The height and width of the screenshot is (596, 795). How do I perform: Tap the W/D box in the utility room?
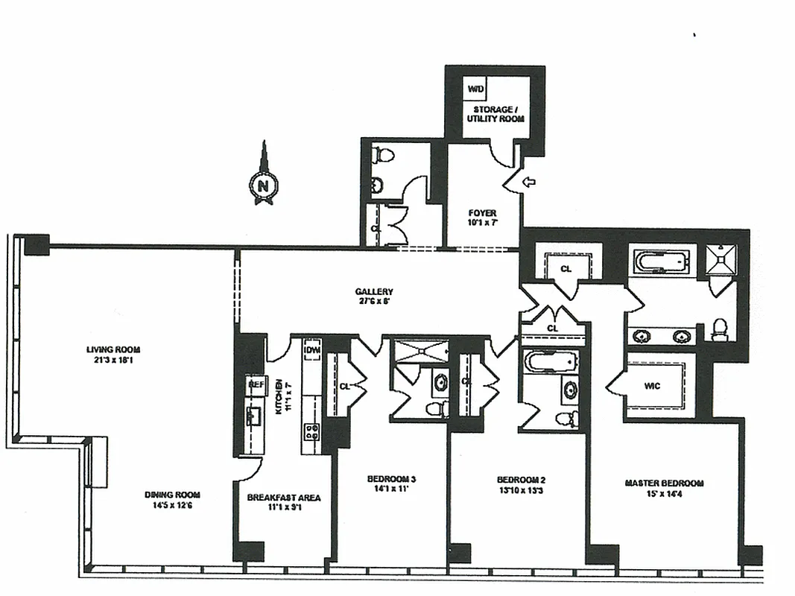pos(475,89)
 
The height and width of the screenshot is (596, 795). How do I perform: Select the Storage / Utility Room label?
pos(495,114)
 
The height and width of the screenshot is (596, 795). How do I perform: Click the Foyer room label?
pos(482,218)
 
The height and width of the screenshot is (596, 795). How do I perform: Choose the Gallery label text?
pos(374,297)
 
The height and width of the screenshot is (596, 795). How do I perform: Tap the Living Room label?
pos(113,354)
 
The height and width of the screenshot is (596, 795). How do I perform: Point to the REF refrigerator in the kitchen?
pos(256,384)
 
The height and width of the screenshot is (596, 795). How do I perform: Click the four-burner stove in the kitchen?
pos(311,432)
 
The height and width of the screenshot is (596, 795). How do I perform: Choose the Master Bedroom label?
pos(663,488)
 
